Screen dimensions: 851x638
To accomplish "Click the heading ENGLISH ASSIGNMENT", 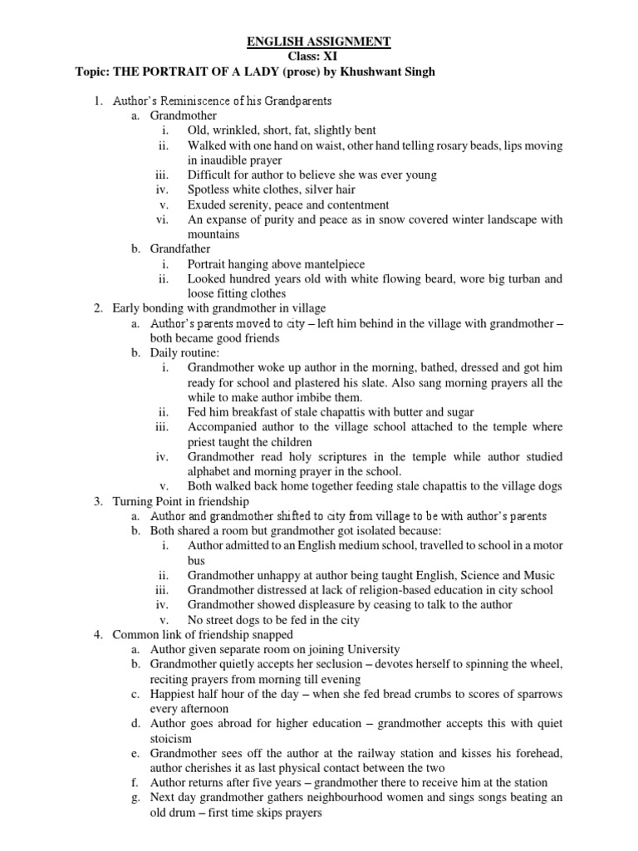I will coord(320,41).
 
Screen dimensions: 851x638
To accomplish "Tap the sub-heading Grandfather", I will coord(180,248).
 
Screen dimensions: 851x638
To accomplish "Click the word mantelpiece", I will coord(338,263).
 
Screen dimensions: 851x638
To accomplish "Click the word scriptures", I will coord(351,456).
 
